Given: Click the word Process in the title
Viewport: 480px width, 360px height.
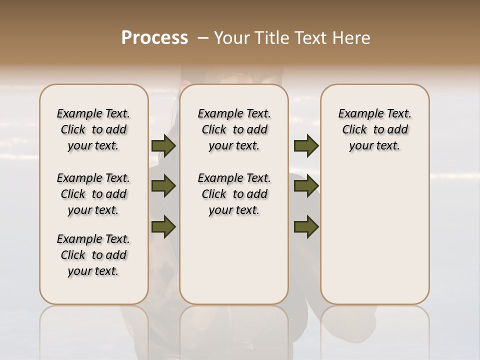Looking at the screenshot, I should point(154,38).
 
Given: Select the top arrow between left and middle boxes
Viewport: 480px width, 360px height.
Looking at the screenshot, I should point(163,146).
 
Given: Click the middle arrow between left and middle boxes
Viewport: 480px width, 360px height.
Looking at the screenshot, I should point(163,186).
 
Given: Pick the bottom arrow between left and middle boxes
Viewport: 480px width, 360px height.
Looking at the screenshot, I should point(163,227).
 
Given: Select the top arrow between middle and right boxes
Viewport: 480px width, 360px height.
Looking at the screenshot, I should point(306,146).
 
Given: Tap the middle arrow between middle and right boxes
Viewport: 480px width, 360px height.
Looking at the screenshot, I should point(306,186).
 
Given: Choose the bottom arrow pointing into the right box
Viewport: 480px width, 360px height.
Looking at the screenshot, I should point(306,227).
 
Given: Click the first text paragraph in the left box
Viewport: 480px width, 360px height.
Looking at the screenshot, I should point(93,129).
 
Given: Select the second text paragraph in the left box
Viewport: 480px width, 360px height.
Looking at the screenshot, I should point(93,194).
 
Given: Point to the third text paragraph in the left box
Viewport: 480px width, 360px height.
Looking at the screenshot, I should point(93,255).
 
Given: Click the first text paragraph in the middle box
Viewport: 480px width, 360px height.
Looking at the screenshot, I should point(234,129).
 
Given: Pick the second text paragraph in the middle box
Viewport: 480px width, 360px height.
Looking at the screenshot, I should point(234,194).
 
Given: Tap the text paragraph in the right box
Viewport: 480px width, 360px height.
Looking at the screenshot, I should point(374,129).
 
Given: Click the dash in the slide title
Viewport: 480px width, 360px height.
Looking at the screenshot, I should point(203,38).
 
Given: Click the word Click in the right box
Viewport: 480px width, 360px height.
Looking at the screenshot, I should point(354,130).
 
